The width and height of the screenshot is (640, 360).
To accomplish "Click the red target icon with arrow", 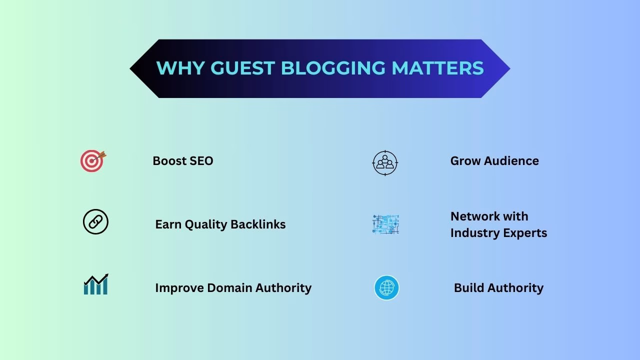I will click(x=93, y=161).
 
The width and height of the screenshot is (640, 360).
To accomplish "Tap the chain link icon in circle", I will click(x=95, y=222).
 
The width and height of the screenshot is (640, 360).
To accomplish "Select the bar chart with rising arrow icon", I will click(x=96, y=284).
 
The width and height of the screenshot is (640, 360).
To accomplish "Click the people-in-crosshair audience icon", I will click(x=385, y=162).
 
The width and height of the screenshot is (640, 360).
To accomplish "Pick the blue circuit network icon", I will click(x=385, y=224).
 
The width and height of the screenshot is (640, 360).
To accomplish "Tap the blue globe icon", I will click(x=386, y=288).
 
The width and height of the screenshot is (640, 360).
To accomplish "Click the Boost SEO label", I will click(x=182, y=161).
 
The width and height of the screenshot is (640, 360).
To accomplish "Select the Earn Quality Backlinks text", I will click(x=220, y=224).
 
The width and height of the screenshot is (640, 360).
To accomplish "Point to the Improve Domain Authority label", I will click(x=233, y=288).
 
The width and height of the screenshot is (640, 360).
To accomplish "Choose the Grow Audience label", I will click(x=494, y=161).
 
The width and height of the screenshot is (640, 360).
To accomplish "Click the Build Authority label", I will click(x=498, y=288).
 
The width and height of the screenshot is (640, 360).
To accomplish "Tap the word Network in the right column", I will click(x=475, y=216).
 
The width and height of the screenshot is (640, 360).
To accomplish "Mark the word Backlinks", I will click(x=259, y=224).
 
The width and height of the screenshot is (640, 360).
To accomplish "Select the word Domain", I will click(x=229, y=288).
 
